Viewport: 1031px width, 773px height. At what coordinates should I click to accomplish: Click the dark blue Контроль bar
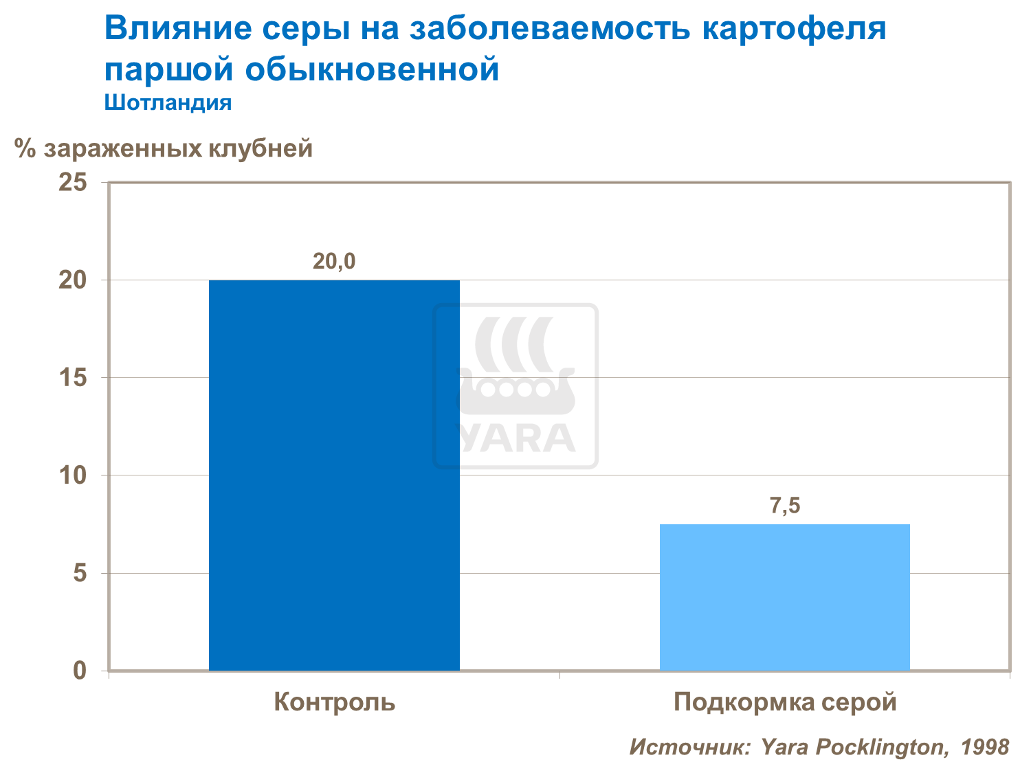[334, 475]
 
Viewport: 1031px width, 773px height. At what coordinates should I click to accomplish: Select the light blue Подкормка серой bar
[784, 597]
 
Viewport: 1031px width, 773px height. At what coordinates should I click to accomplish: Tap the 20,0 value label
[334, 262]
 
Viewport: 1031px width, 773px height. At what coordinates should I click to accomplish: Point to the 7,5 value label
[784, 506]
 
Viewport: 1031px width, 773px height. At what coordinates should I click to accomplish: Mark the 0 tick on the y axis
[80, 671]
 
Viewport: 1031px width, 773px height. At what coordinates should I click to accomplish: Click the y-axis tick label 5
[80, 573]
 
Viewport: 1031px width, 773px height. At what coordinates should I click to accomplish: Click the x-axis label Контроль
[334, 702]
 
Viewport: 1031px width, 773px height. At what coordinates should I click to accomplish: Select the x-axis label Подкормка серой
[785, 702]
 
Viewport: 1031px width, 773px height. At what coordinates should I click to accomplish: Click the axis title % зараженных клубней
[164, 148]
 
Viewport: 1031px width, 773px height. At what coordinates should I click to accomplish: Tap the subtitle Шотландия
[168, 103]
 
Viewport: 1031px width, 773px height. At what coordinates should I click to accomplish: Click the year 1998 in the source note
[984, 747]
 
